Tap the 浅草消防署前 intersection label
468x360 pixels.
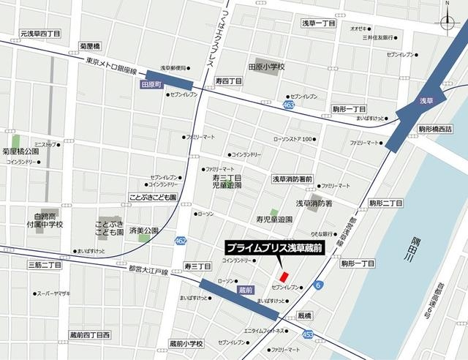pyautogui.click(x=292, y=178)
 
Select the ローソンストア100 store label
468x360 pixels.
pyautogui.click(x=292, y=139)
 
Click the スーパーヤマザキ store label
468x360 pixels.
pyautogui.click(x=55, y=293)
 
